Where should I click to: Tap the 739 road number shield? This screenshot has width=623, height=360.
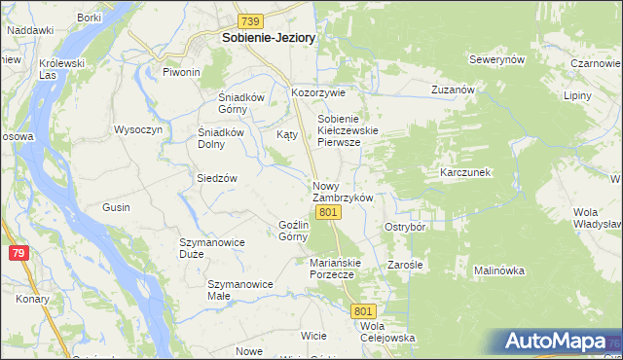point(251,21)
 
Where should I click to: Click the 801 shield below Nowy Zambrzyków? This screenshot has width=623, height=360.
point(329,212)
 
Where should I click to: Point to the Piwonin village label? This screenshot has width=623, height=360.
point(181,73)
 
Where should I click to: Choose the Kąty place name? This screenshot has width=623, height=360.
point(287,134)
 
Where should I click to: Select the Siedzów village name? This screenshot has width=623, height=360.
point(217,179)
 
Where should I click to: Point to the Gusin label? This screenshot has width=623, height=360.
point(116,208)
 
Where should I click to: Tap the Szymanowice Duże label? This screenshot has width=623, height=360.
point(204,247)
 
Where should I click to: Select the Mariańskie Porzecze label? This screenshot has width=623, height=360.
point(336,268)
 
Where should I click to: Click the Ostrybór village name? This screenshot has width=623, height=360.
point(406,227)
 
